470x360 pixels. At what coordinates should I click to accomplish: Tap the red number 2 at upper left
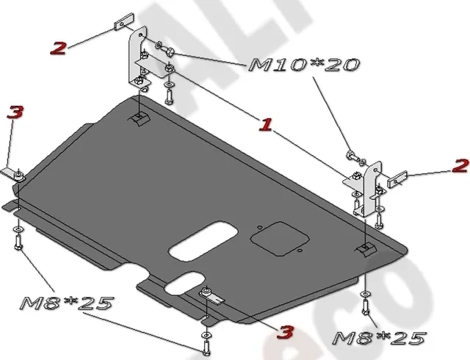[58, 48]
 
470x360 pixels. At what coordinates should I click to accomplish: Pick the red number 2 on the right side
[460, 165]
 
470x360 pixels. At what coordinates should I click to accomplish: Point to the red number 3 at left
[15, 112]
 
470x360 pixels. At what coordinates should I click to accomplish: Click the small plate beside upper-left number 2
[121, 21]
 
